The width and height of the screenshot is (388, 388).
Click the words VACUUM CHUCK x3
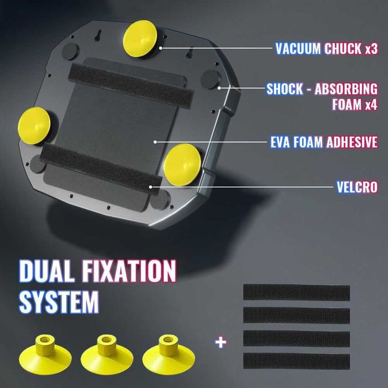click(x=326, y=49)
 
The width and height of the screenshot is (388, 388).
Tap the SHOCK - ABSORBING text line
click(x=322, y=89)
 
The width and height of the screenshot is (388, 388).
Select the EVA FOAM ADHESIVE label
click(x=324, y=142)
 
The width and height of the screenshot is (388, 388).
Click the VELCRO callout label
click(x=358, y=187)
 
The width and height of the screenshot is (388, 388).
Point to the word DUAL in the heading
click(x=46, y=271)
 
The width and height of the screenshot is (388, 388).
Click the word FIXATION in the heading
click(x=129, y=271)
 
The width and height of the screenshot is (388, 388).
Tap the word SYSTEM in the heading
click(x=59, y=302)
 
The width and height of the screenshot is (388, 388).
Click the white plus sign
click(x=221, y=343)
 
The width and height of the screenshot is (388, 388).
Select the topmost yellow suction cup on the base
click(x=140, y=38)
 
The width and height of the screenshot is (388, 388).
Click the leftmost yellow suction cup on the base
click(x=34, y=126)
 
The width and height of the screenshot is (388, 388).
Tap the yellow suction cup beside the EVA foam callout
click(x=182, y=165)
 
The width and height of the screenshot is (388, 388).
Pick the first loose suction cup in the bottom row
click(x=45, y=354)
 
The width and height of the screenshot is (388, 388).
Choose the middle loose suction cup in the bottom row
click(x=107, y=354)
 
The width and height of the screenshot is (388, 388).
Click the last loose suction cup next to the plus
click(x=169, y=354)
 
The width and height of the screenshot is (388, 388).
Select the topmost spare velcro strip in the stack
click(x=297, y=293)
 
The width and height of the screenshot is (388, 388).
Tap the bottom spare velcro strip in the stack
click(x=297, y=361)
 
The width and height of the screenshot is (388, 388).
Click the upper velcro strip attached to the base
click(x=131, y=86)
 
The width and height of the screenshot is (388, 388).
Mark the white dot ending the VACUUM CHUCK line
click(x=161, y=48)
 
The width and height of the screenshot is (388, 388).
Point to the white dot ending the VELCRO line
click(x=150, y=187)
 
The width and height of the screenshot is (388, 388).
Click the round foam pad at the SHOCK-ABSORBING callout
click(x=211, y=79)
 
